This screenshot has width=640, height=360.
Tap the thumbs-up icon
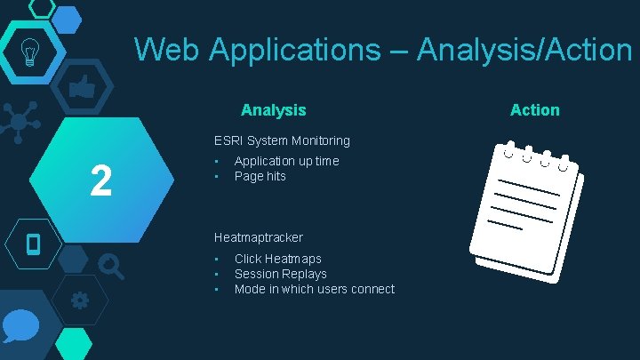[83, 87]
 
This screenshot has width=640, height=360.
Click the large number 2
[100, 181]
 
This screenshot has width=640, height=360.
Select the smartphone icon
[34, 243]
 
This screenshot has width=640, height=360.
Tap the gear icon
[79, 300]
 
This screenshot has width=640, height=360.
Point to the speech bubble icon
[20, 327]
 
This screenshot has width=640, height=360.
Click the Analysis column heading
[273, 110]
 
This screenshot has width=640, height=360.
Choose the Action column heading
[534, 110]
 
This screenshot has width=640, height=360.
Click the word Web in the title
[168, 50]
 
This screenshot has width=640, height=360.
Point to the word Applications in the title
[294, 50]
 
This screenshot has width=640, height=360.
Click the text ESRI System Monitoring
[282, 140]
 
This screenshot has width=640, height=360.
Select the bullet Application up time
[286, 161]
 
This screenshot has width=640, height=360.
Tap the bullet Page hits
[260, 176]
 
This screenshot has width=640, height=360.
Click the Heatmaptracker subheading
[258, 237]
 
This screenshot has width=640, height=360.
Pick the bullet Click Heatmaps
[277, 259]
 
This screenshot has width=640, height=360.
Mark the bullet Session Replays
[280, 274]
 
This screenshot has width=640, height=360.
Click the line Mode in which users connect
[314, 289]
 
